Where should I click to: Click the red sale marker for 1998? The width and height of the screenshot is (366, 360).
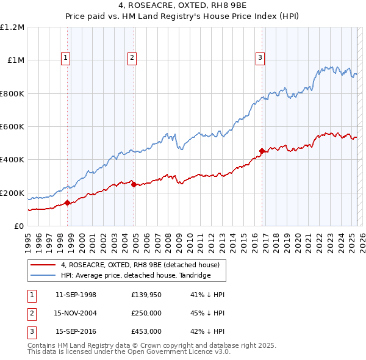point(67,203)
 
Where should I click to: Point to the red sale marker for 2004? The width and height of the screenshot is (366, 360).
point(134,185)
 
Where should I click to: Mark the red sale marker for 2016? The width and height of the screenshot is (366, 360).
point(262,151)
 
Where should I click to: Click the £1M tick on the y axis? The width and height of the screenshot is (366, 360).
point(16,60)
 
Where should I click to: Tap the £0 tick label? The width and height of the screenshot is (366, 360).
point(20,226)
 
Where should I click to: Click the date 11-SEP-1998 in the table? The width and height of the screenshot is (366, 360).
point(76,295)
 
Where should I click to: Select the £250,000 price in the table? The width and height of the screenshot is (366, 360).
point(146,313)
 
